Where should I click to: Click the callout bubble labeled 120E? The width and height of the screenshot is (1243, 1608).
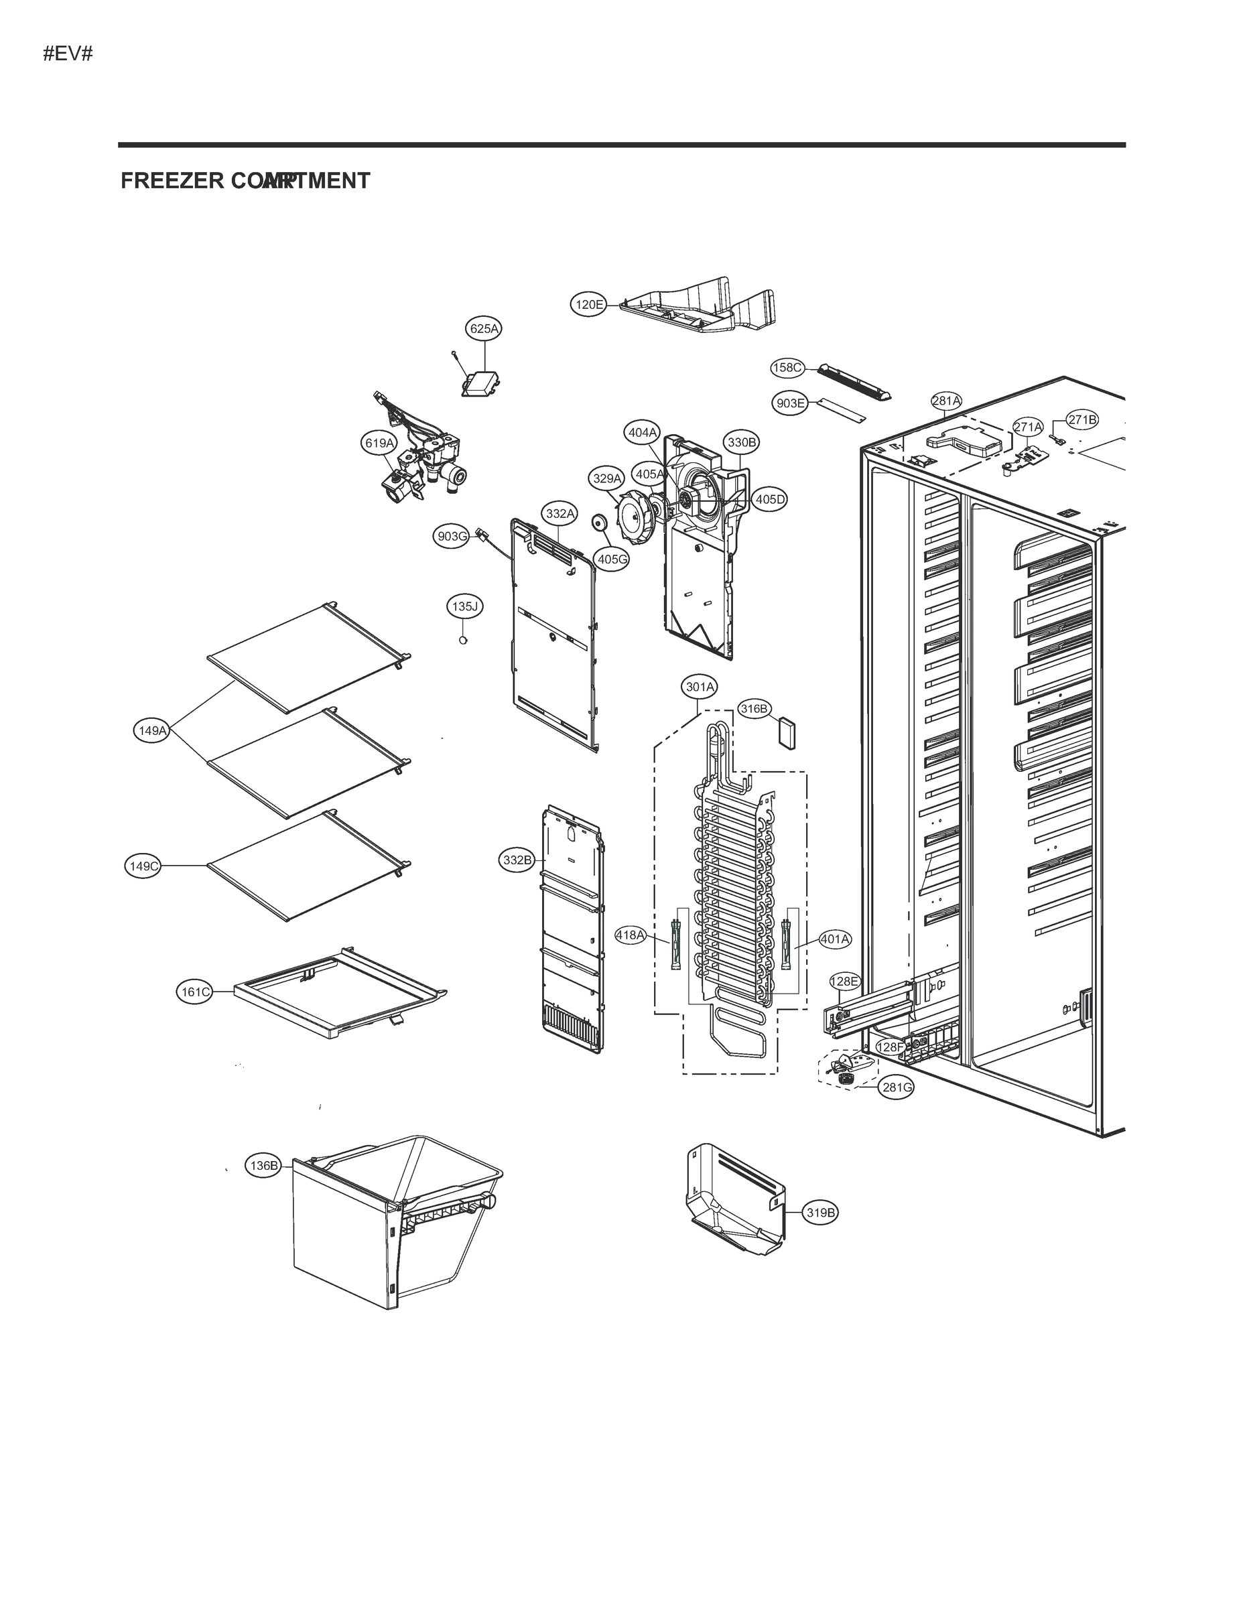click(x=589, y=304)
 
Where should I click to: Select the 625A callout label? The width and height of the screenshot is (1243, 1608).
click(x=484, y=328)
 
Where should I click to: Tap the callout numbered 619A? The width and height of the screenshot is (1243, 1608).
click(x=380, y=442)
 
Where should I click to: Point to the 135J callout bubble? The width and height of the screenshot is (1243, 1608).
click(x=464, y=606)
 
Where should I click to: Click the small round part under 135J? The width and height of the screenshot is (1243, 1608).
click(x=463, y=641)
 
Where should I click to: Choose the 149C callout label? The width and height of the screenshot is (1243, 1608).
click(x=143, y=866)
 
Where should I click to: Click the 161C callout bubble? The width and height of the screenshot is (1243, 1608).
click(x=196, y=992)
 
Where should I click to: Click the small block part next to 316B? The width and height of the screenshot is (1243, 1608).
click(x=787, y=734)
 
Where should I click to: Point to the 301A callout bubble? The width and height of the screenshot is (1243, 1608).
click(x=700, y=687)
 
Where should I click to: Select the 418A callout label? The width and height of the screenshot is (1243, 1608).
click(x=631, y=935)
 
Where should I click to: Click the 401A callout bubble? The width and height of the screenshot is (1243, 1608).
click(x=834, y=939)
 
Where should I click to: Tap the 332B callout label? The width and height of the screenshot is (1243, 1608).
click(x=517, y=860)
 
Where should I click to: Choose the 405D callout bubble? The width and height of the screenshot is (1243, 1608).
click(x=770, y=499)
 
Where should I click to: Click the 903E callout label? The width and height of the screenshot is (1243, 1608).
click(x=790, y=403)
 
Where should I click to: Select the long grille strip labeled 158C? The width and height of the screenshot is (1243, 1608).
click(x=854, y=381)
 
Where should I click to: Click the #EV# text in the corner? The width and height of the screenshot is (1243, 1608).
click(x=68, y=54)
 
